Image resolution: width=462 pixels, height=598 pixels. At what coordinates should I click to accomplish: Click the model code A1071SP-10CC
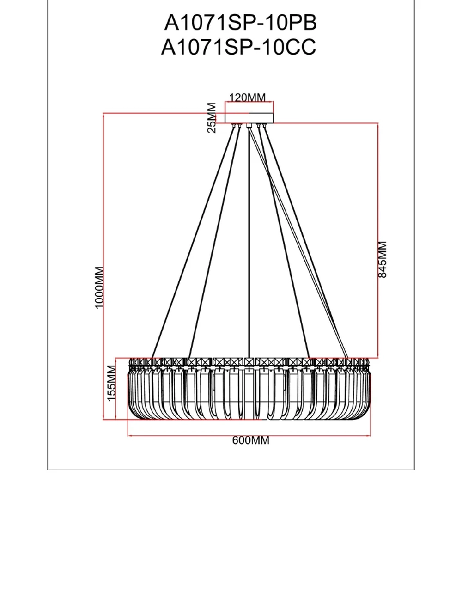click(238, 47)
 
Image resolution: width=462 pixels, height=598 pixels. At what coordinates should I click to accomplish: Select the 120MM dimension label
click(248, 98)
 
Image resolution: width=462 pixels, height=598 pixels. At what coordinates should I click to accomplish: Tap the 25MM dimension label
click(211, 118)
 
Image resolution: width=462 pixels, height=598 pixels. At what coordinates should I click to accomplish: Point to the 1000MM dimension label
click(99, 287)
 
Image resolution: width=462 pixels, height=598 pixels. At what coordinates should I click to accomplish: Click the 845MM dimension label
click(382, 259)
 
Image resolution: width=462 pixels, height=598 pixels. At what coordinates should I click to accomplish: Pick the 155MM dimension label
click(111, 383)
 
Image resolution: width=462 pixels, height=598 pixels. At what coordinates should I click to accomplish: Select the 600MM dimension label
click(250, 440)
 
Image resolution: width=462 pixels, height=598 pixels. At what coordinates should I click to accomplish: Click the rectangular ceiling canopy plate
click(249, 118)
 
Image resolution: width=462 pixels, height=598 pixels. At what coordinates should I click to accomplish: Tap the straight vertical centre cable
click(249, 240)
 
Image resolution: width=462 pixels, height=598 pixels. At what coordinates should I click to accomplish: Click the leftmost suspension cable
click(194, 240)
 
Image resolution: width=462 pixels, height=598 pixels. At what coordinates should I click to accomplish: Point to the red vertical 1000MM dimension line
click(104, 208)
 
